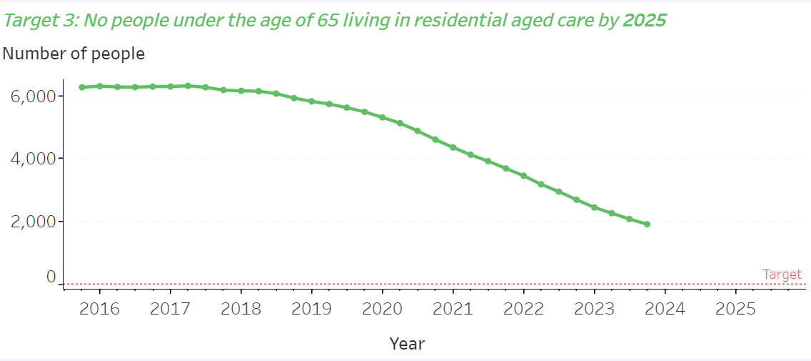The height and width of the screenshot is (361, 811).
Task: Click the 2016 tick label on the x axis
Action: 99,309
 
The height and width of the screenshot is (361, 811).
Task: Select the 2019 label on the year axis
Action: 311,309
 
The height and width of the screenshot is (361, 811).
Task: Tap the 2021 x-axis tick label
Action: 453,309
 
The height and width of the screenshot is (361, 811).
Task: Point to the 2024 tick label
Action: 665,309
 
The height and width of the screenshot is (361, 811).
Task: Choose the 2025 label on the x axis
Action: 735,309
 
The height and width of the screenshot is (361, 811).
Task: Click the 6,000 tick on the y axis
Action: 33,96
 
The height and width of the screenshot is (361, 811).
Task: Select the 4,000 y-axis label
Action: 33,158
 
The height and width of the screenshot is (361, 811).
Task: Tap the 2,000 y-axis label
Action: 33,221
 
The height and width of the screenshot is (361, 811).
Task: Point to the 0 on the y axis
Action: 51,277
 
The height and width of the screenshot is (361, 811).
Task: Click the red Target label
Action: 782,275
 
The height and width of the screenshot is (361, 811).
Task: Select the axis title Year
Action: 407,344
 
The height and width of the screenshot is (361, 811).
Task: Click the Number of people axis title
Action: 74,54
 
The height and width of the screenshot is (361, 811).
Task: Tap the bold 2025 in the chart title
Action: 644,20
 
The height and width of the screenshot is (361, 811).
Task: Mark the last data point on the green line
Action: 647,224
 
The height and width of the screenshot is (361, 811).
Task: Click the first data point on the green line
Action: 82,87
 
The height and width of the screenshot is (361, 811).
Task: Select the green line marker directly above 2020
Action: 382,117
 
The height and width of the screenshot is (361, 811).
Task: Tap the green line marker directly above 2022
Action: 523,176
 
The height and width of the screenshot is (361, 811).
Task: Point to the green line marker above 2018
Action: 241,91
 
